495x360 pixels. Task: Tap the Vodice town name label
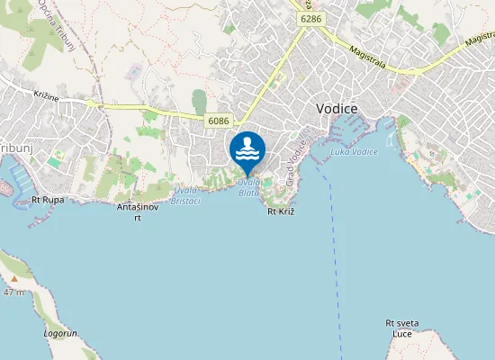click(337, 108)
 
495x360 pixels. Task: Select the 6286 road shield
click(311, 18)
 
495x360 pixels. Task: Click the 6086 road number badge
click(219, 121)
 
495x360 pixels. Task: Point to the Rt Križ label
click(282, 211)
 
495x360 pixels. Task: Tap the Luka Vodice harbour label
click(355, 151)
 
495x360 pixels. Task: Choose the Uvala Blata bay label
click(249, 188)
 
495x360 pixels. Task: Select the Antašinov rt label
click(138, 211)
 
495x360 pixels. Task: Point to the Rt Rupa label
click(47, 199)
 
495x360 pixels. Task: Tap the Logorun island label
click(60, 333)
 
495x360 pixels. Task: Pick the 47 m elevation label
click(13, 292)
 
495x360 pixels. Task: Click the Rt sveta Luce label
click(401, 328)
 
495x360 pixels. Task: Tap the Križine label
click(45, 94)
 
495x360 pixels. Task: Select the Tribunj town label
click(14, 147)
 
